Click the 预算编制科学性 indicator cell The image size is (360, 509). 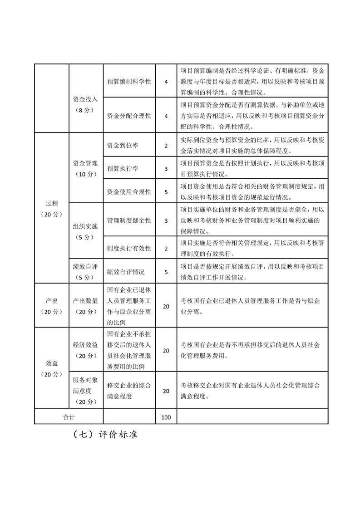pyautogui.click(x=129, y=82)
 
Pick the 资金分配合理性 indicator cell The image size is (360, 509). pyautogui.click(x=129, y=116)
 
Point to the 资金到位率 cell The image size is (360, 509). pyautogui.click(x=123, y=146)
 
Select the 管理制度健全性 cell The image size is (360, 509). pyautogui.click(x=129, y=220)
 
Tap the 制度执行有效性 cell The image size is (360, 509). pyautogui.click(x=129, y=249)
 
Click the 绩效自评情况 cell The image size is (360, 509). pyautogui.click(x=126, y=272)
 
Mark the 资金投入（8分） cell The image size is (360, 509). pyautogui.click(x=85, y=104)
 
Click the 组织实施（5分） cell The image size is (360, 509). pyautogui.click(x=85, y=232)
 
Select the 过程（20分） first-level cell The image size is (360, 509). pyautogui.click(x=51, y=209)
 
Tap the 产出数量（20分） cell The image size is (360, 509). pyautogui.click(x=85, y=306)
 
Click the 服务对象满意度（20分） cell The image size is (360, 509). pyautogui.click(x=85, y=391)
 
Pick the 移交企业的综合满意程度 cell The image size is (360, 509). pyautogui.click(x=129, y=391)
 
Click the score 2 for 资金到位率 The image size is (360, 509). pyautogui.click(x=166, y=146)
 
